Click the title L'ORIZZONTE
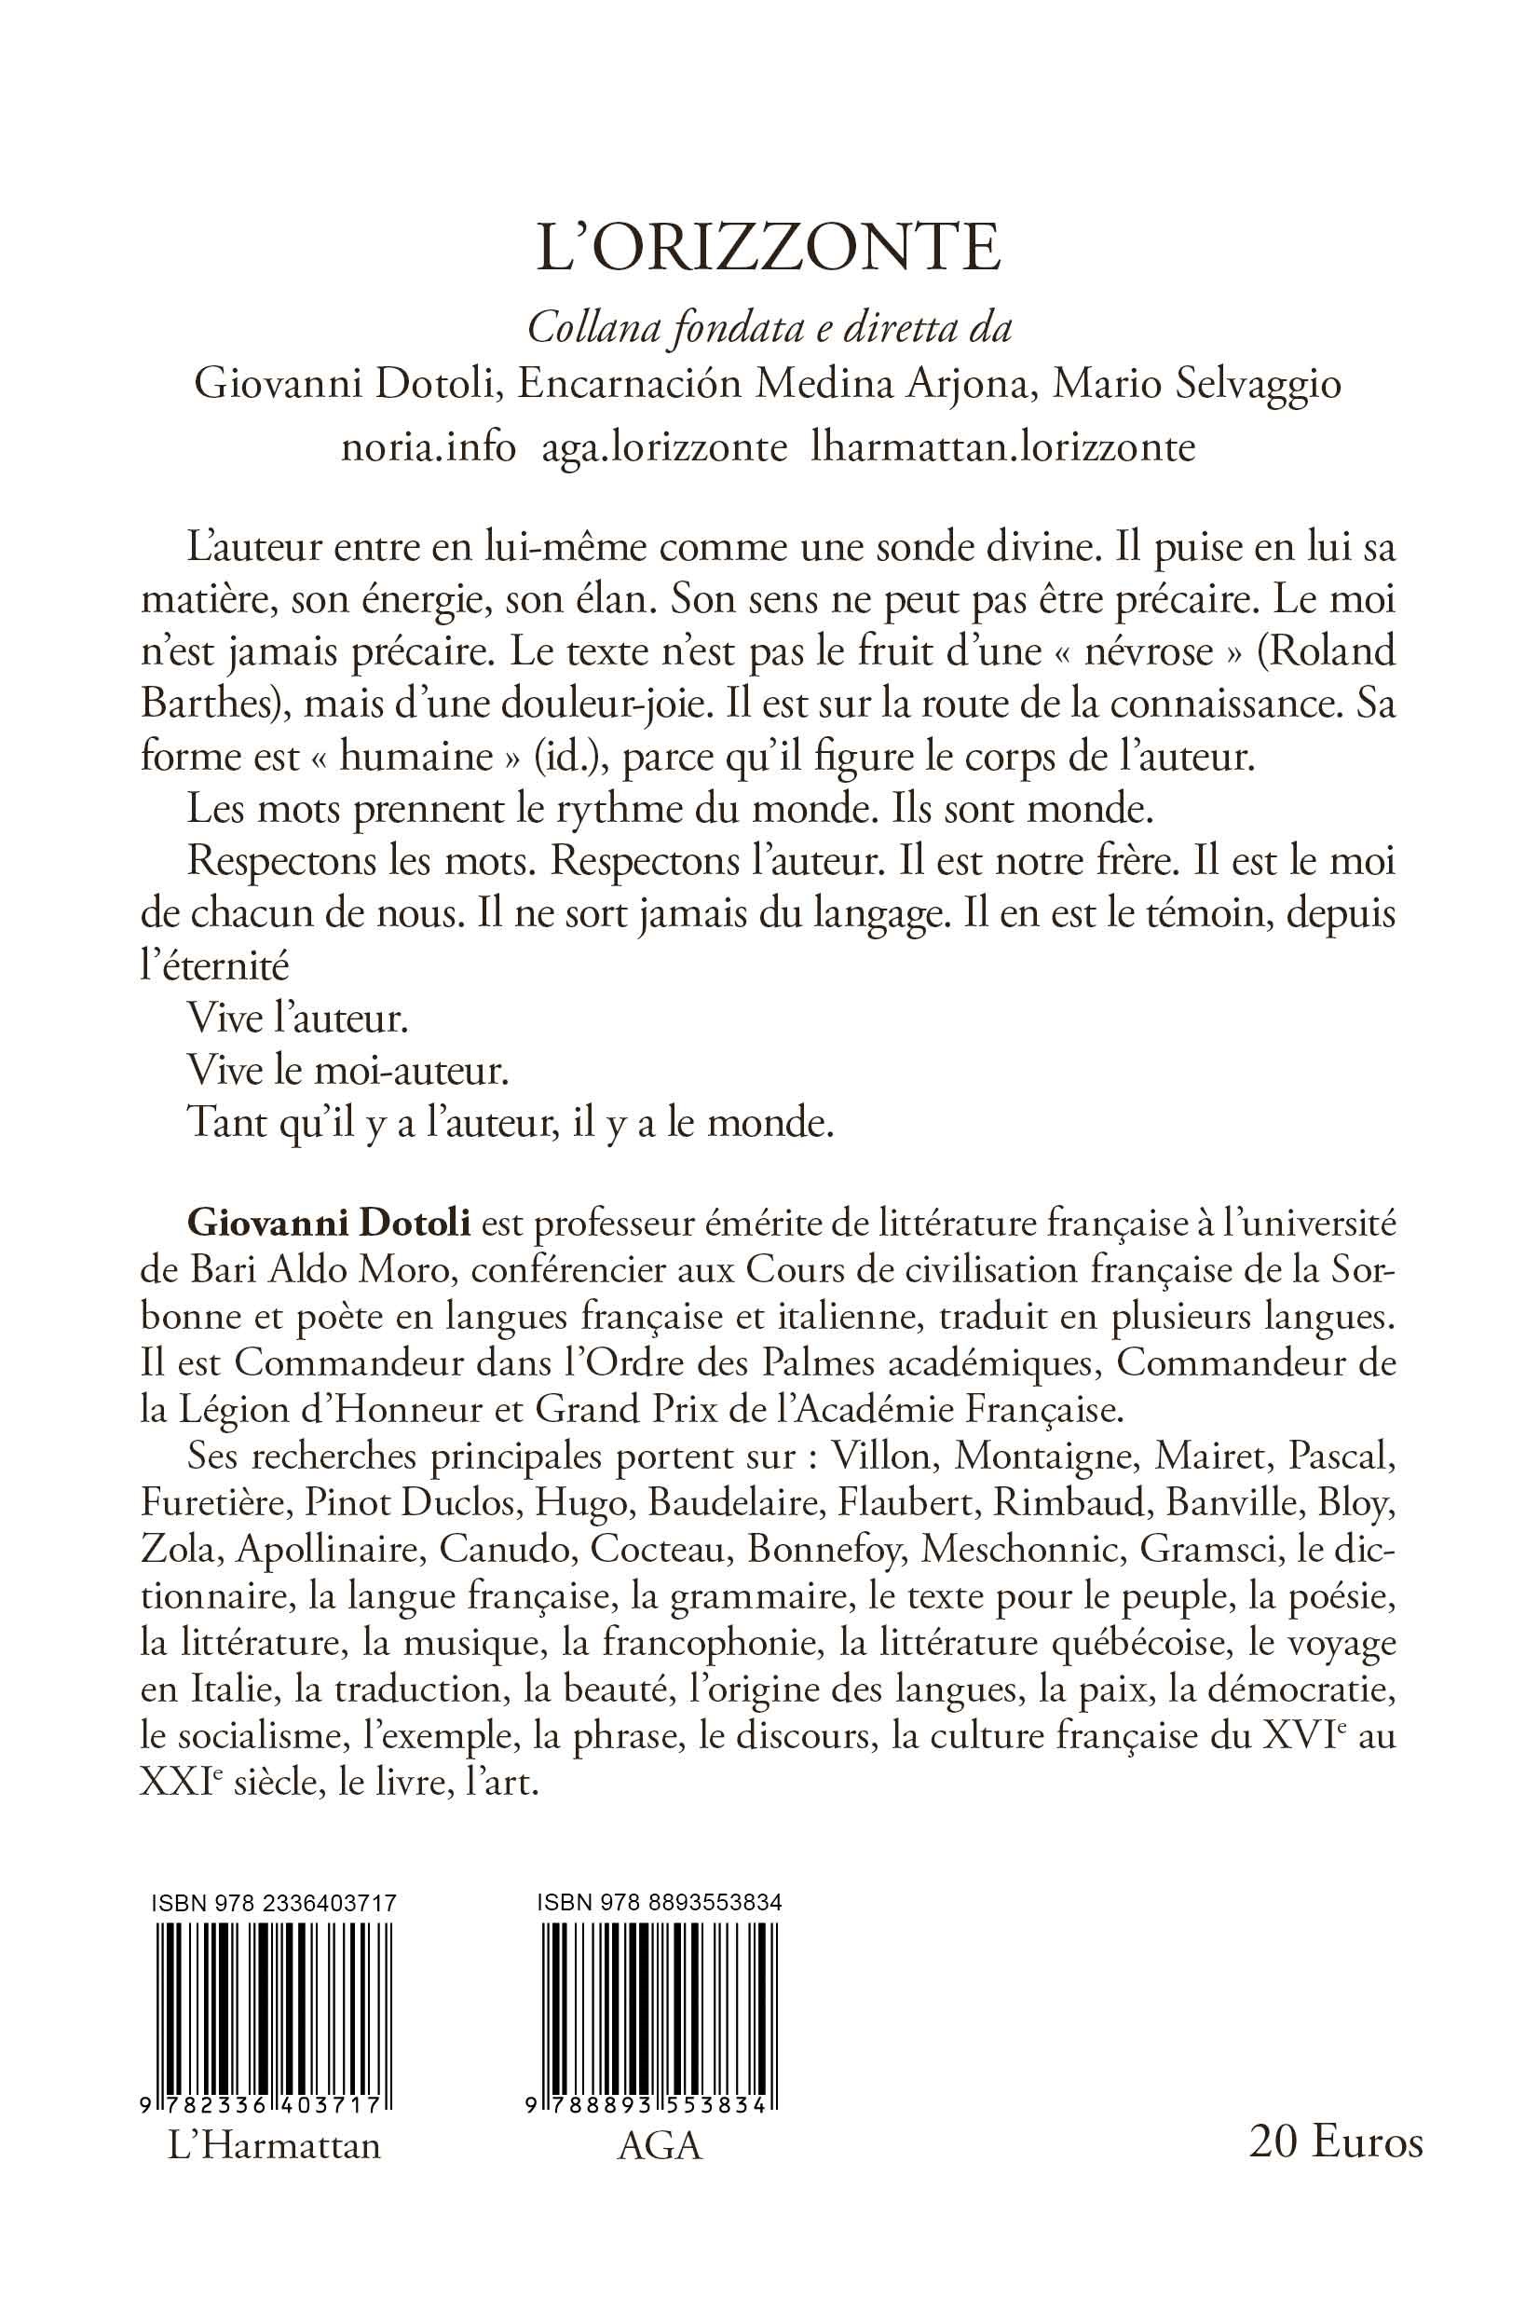[x=769, y=250]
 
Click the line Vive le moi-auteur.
[x=347, y=1070]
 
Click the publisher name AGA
[x=660, y=2173]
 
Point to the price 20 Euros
[x=1336, y=2168]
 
